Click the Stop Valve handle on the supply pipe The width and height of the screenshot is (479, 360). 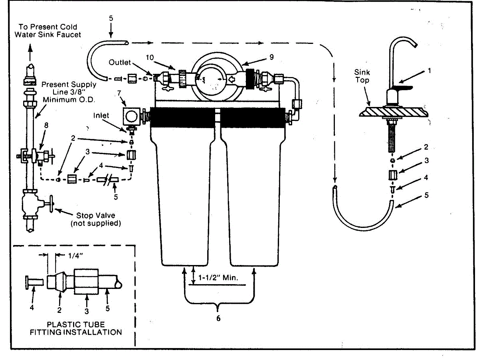point(51,205)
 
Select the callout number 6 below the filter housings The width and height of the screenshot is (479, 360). point(218,318)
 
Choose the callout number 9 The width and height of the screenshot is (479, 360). point(271,57)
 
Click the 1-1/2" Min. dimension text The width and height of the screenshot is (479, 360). point(219,277)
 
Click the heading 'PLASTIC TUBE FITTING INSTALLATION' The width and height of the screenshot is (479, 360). point(76,328)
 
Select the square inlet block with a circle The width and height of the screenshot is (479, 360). point(132,117)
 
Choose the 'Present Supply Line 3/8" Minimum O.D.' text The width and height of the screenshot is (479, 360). point(69,91)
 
